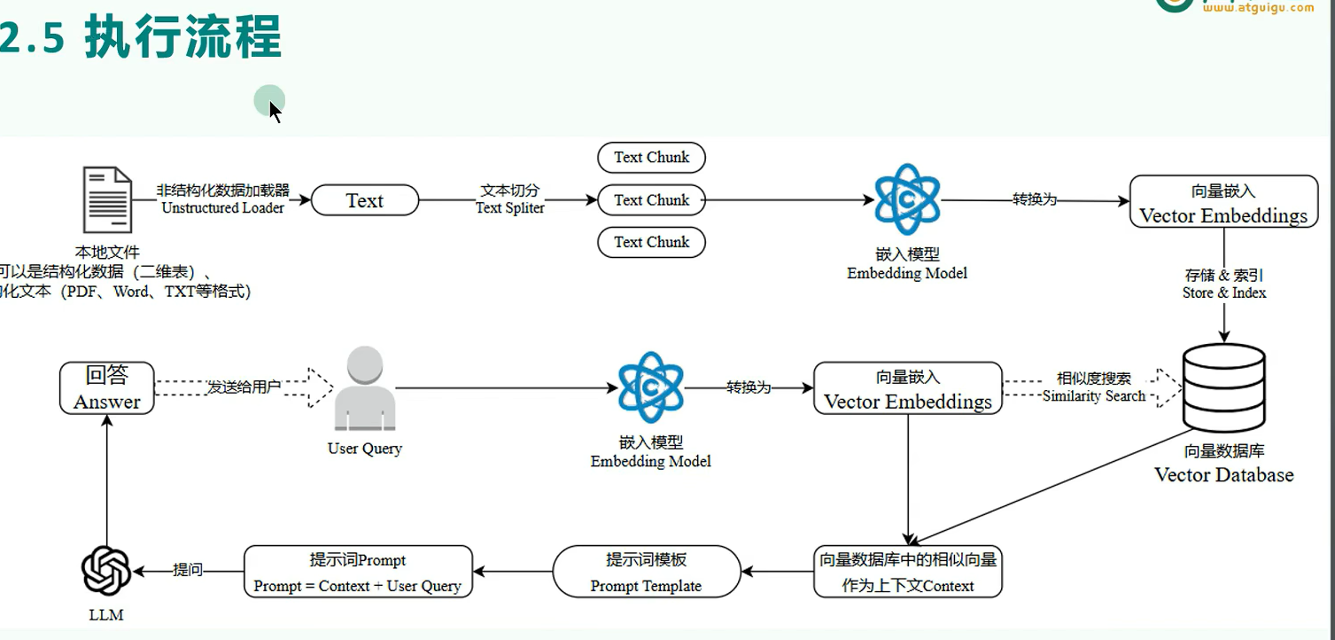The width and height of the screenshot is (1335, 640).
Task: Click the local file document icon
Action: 107,201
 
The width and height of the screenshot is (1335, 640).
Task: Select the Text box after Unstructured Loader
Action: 364,200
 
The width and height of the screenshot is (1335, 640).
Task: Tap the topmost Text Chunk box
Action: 652,158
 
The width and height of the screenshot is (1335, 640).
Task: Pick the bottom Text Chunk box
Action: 652,242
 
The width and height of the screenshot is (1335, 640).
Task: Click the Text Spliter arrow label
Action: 510,199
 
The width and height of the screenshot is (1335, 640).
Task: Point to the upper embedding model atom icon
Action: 906,199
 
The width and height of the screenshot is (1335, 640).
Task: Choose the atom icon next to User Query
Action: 650,387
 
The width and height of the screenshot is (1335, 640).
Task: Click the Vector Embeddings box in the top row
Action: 1223,202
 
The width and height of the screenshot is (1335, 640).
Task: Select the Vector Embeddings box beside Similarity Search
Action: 908,388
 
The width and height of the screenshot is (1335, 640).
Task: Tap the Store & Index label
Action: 1224,284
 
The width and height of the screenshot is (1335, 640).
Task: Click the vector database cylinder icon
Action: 1224,387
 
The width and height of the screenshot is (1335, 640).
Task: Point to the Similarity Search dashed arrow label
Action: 1094,387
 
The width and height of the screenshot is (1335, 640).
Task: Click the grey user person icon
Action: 365,388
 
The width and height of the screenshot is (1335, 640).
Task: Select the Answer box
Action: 107,388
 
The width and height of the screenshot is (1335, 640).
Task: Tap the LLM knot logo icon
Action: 106,569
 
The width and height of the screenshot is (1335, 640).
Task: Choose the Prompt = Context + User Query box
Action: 358,572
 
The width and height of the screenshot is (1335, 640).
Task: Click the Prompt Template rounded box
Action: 646,572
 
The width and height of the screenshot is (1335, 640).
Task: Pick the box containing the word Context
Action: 908,572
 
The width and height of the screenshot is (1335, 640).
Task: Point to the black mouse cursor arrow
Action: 275,111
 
